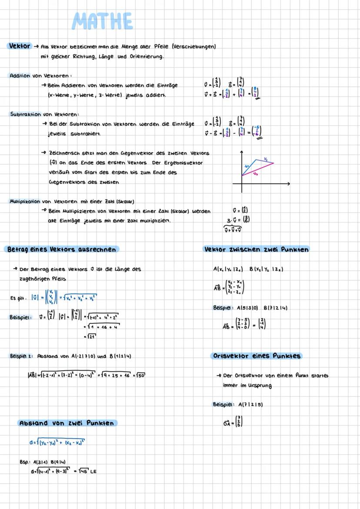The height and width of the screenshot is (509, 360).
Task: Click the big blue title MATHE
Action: [x=102, y=21]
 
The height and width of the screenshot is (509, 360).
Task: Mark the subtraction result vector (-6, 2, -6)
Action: [x=258, y=132]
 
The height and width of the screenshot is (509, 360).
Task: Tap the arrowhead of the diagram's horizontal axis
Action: [x=288, y=184]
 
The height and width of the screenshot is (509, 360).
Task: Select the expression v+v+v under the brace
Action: [x=233, y=230]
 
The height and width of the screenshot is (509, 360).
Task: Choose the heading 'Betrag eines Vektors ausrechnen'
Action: [x=61, y=250]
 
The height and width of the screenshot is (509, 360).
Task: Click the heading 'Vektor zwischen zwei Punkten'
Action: [x=257, y=250]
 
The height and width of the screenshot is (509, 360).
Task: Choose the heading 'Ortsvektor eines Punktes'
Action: [x=257, y=356]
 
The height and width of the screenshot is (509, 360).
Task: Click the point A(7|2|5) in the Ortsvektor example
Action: [x=250, y=405]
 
